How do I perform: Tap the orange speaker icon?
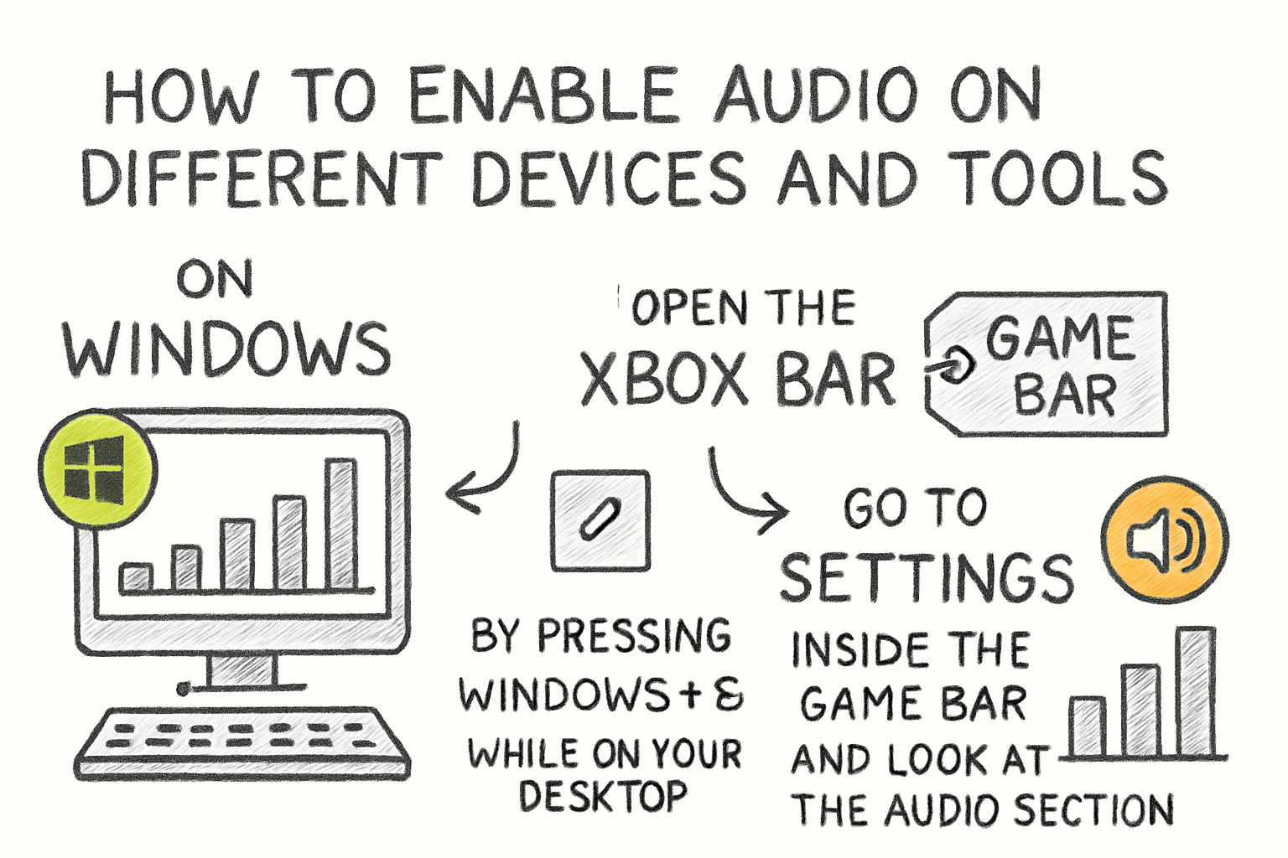(x=1165, y=540)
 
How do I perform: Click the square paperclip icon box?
(x=600, y=520)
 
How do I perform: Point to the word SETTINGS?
(x=927, y=577)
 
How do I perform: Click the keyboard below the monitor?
(x=243, y=742)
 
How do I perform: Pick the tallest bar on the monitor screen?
(x=341, y=524)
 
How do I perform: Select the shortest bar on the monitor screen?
(x=136, y=577)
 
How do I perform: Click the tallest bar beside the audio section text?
(x=1196, y=691)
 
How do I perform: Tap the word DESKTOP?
(x=603, y=795)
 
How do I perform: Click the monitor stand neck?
(x=241, y=669)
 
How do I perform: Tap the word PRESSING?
(x=634, y=636)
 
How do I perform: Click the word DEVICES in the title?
(x=608, y=178)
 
